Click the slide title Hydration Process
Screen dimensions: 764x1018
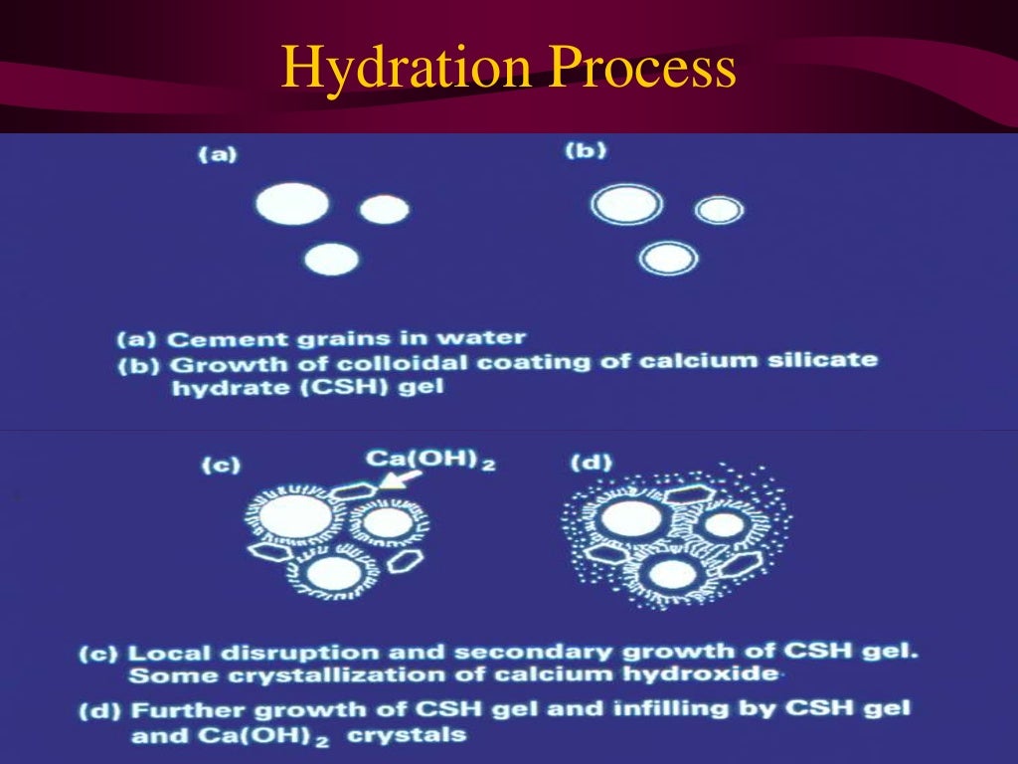pos(508,70)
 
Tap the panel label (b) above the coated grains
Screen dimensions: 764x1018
pos(586,151)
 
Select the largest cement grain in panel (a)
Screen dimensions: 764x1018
pos(291,204)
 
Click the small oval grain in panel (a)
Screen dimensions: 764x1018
pos(384,209)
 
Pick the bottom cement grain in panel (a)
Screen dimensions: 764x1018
pos(331,259)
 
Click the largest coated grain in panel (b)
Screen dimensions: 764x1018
pos(626,205)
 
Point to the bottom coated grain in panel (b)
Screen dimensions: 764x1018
pos(668,259)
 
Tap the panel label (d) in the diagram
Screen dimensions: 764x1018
pos(592,463)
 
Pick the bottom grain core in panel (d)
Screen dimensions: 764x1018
pos(672,574)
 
